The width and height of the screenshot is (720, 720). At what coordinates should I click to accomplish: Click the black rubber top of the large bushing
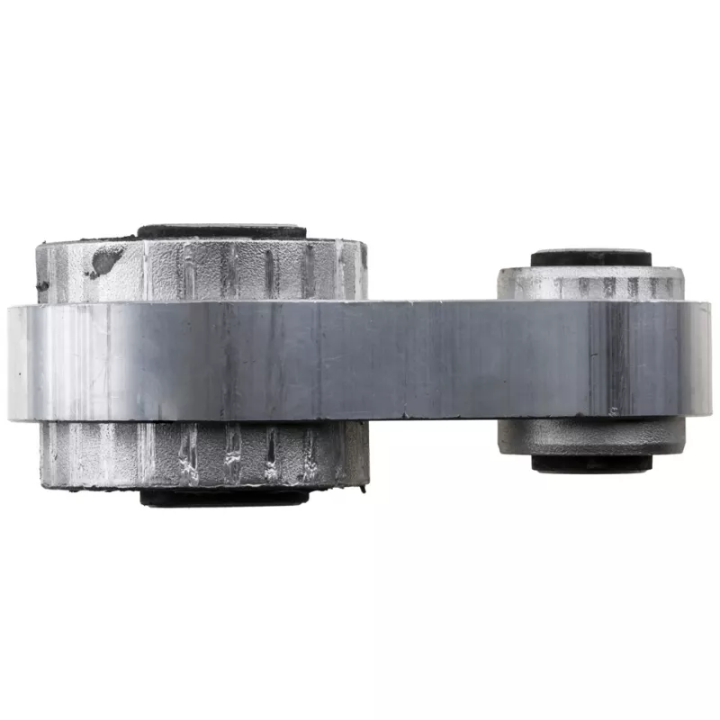[220, 231]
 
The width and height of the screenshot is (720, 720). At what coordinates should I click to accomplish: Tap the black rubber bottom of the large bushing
[225, 497]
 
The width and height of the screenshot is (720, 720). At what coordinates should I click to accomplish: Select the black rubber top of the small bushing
[590, 258]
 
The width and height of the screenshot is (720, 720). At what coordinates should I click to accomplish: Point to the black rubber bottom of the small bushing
[590, 463]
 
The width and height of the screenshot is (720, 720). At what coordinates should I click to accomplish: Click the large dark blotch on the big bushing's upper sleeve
[105, 261]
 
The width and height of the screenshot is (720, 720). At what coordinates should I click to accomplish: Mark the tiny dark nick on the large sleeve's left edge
[41, 287]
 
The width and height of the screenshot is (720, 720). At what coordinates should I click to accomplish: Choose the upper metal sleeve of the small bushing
[590, 283]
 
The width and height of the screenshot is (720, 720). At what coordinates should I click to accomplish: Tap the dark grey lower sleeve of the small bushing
[590, 436]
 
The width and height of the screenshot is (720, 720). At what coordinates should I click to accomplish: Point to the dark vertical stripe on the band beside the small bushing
[617, 360]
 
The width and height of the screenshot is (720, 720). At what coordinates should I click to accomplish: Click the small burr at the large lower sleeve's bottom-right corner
[365, 487]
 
